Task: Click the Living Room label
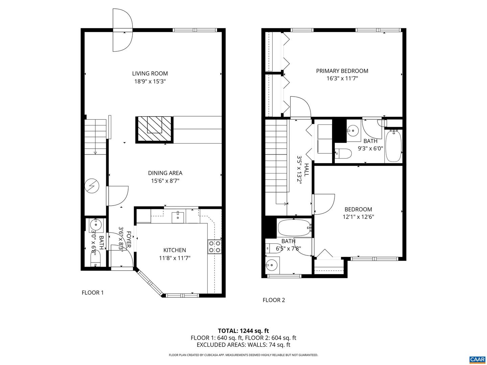149,73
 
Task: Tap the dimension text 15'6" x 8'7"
165,181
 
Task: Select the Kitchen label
175,250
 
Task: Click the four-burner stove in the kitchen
214,246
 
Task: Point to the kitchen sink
178,216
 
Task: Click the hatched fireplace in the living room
155,129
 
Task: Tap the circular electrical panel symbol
92,186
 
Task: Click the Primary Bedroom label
342,71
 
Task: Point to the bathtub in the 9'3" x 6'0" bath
393,146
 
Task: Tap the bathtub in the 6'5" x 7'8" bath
294,228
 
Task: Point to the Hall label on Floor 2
306,170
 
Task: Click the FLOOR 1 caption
93,293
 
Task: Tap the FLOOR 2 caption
274,300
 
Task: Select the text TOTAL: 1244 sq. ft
243,331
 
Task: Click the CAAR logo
477,359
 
